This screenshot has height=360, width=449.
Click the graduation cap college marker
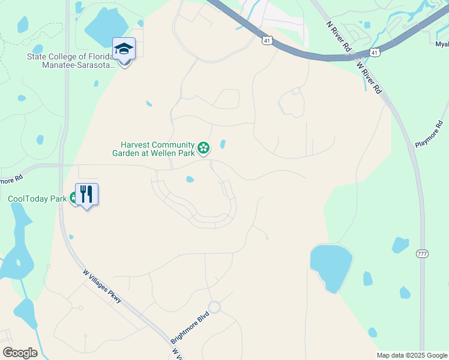124,49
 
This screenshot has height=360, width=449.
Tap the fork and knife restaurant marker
86,194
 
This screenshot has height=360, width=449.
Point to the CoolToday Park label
37,199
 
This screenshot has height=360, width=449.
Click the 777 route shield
422,254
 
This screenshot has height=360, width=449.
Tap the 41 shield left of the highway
267,41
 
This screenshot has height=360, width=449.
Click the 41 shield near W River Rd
375,53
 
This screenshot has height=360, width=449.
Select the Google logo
20,353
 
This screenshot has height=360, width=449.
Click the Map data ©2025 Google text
412,355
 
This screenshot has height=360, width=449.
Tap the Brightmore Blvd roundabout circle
214,307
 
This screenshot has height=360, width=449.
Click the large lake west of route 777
331,264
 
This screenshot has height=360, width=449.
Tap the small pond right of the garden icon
223,144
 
